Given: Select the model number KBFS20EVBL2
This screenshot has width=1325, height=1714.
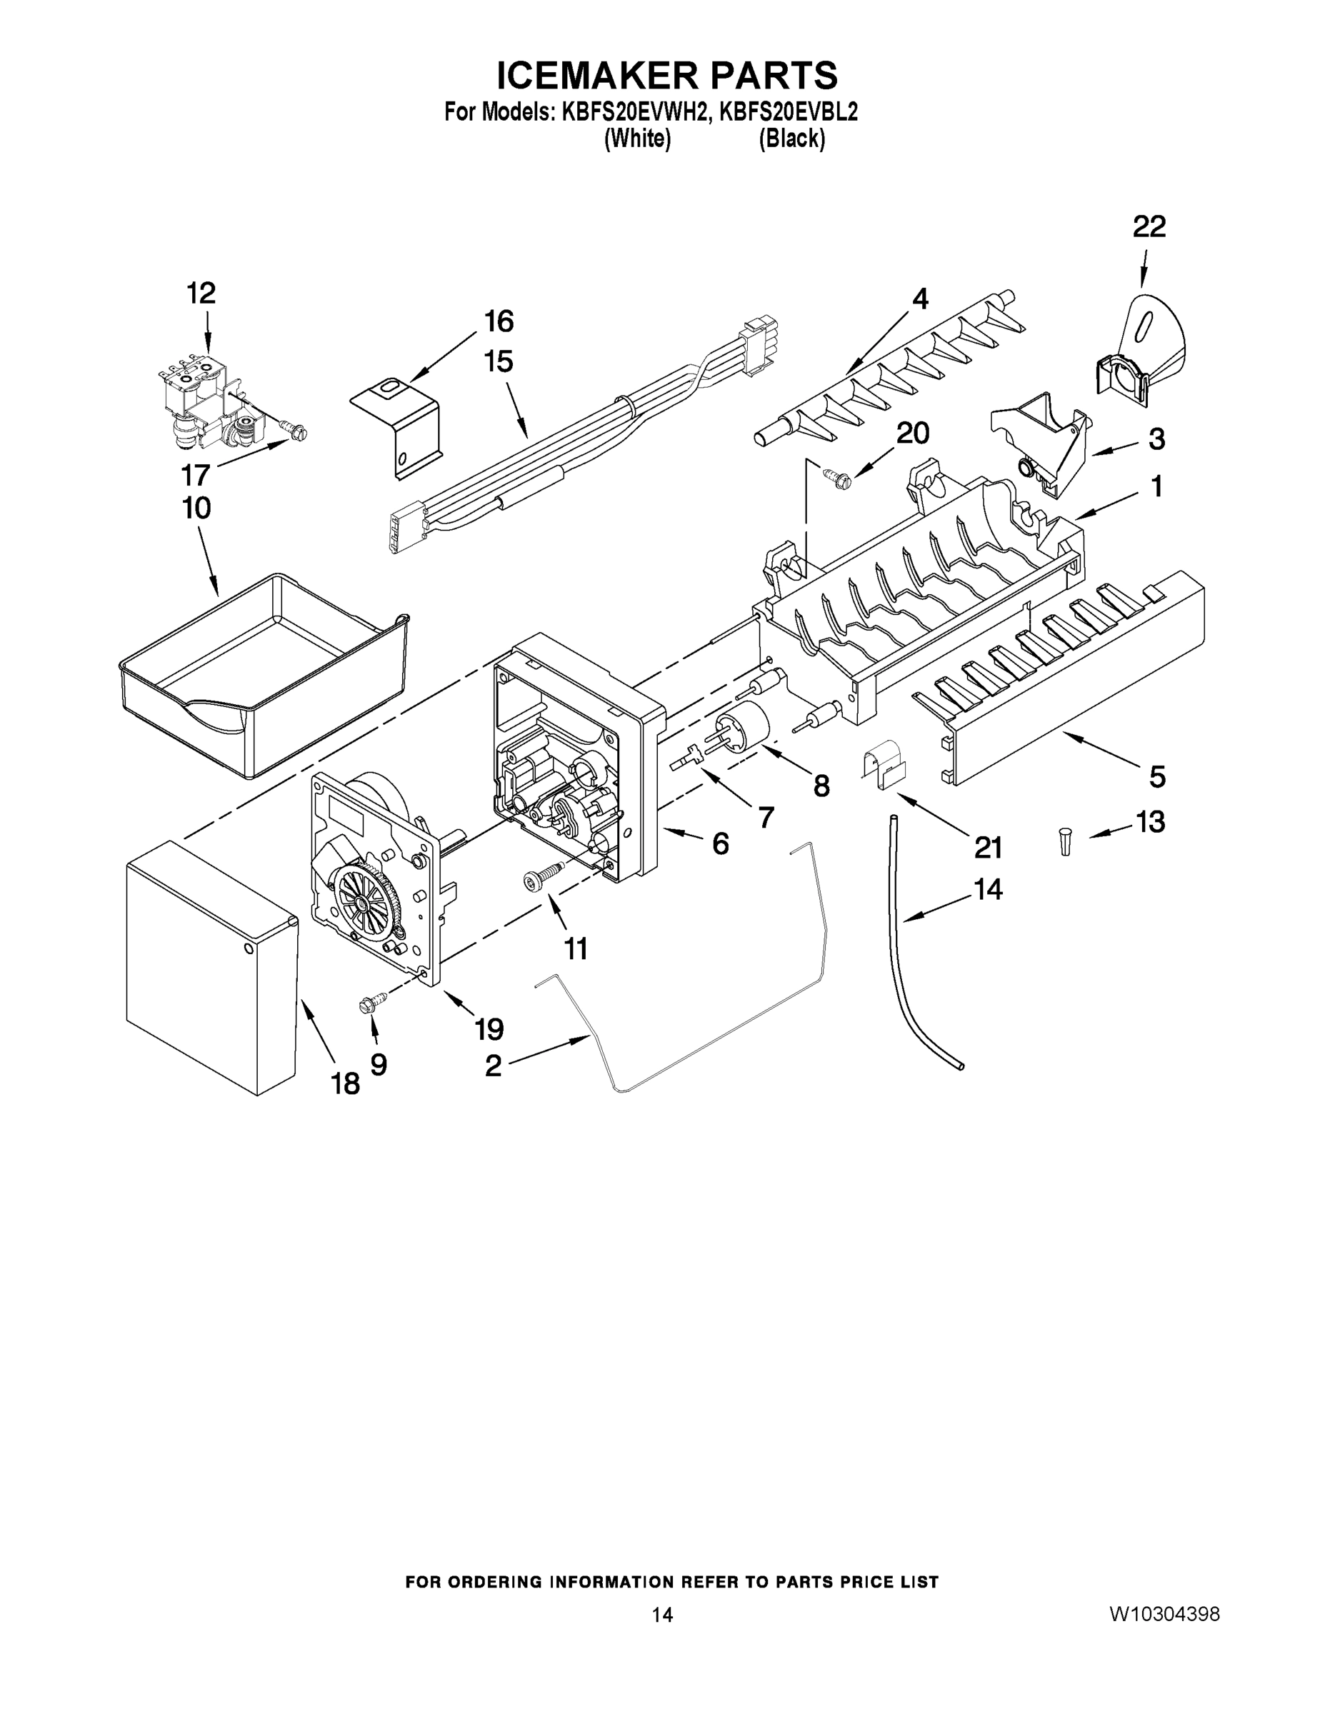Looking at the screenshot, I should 788,111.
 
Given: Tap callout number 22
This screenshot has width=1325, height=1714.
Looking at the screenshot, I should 1149,228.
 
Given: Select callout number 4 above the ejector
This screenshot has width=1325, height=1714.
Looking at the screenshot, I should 920,299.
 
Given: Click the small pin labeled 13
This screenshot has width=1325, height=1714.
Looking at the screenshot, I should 1065,841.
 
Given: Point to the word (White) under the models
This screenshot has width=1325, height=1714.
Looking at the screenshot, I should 637,139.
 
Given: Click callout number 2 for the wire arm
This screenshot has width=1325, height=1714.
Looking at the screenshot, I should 493,1065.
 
